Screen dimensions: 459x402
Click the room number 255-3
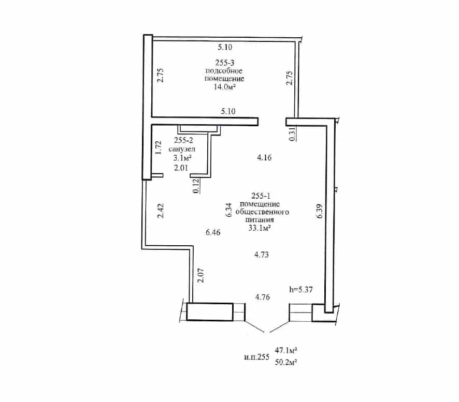[x=225, y=63]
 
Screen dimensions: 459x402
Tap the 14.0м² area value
[x=225, y=87]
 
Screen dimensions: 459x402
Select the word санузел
[x=182, y=149]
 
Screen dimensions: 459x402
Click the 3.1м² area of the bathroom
[x=183, y=158]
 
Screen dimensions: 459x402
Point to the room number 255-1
[x=261, y=196]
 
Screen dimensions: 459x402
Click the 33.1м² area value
[x=260, y=228]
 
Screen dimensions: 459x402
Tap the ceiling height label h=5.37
[x=301, y=289]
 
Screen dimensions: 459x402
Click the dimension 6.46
[x=213, y=232]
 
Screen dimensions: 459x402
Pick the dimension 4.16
[x=264, y=158]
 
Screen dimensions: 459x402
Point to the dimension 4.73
[x=262, y=255]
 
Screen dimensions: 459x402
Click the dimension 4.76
[x=262, y=297]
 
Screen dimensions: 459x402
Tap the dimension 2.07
[x=201, y=275]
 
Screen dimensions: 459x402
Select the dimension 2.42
[x=161, y=211]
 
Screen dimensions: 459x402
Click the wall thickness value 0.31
[x=292, y=134]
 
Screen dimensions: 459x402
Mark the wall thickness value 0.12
[x=196, y=186]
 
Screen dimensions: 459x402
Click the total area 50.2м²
[x=286, y=362]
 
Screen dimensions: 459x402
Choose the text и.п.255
[x=256, y=357]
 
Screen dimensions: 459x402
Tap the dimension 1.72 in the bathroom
[x=159, y=147]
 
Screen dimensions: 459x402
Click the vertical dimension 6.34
[x=229, y=210]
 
